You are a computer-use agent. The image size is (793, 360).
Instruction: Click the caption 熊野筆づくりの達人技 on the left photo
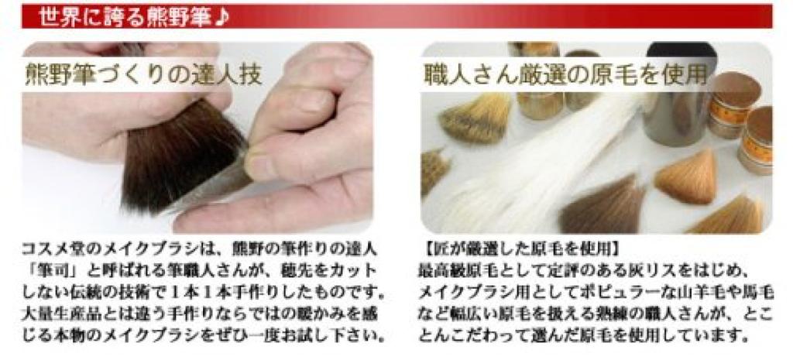[x=143, y=75]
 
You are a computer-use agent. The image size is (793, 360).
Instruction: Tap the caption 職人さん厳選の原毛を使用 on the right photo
[x=566, y=76]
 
